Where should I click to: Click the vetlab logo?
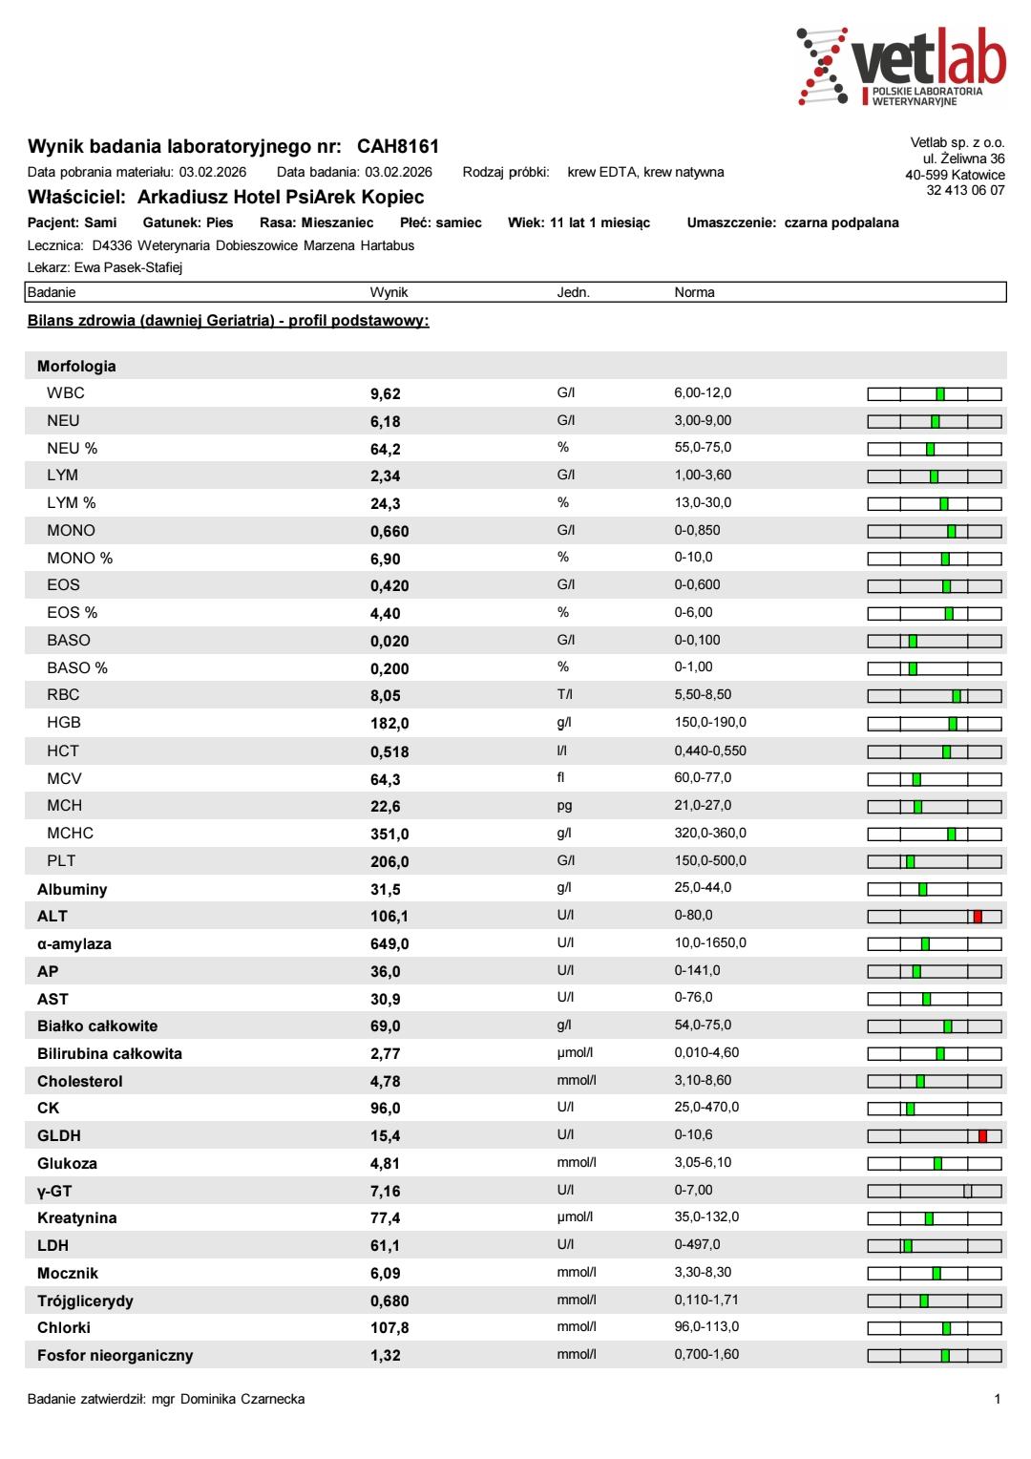(900, 65)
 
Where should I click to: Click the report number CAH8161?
(398, 147)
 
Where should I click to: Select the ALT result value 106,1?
(389, 917)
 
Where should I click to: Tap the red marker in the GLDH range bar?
(982, 1135)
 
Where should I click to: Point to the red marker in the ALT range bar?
(978, 917)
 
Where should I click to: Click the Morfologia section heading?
(76, 366)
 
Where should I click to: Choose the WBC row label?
(66, 393)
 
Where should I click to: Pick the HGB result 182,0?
(389, 724)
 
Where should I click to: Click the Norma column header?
(694, 292)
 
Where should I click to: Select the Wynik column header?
(389, 292)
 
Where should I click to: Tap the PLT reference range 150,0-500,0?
(710, 860)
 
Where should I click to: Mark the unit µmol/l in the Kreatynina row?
(575, 1217)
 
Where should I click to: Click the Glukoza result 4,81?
(386, 1164)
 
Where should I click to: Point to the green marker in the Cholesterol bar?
(920, 1081)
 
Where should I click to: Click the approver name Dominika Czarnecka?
(242, 1399)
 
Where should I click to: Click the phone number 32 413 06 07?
(965, 190)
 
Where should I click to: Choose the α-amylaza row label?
(74, 944)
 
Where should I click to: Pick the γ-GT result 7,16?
(386, 1192)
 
